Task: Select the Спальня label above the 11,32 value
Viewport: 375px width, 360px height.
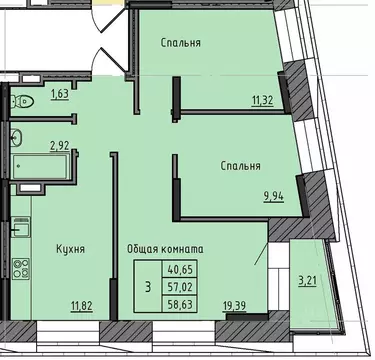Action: (181, 43)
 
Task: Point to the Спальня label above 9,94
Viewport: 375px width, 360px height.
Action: (241, 166)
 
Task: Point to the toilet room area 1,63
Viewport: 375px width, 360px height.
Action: (60, 96)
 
